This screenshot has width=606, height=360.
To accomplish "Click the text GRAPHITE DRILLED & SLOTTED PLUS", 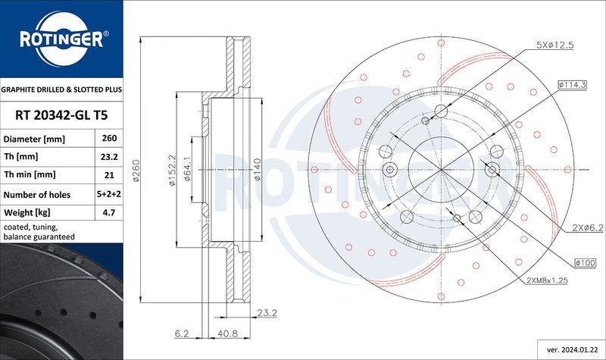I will (x=61, y=89).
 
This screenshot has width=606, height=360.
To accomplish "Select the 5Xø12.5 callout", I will (x=554, y=45).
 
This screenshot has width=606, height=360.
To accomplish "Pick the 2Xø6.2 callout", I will (x=587, y=227).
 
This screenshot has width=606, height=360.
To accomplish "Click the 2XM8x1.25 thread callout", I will (x=549, y=280).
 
